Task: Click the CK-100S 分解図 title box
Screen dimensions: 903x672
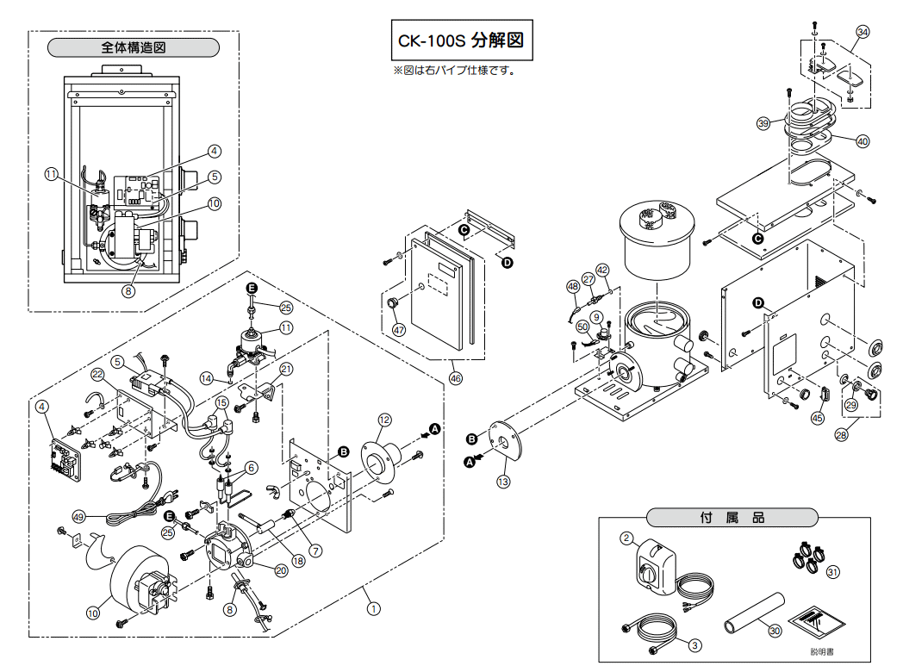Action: pos(462,40)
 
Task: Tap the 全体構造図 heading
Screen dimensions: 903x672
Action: pos(133,47)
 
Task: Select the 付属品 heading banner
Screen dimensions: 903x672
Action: pos(732,517)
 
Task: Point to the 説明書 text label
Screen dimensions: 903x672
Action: pos(822,652)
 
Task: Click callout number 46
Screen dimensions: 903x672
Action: pos(456,378)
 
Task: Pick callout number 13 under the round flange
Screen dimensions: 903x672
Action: pos(503,482)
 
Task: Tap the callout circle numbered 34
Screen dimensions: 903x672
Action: pos(863,32)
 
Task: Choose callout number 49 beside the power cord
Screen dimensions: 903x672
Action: pos(78,517)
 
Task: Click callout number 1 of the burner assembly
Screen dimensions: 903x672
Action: pos(373,608)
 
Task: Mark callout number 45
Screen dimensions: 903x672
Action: pos(817,418)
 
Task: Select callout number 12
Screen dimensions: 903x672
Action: pos(384,420)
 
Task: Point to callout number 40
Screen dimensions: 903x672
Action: pos(863,141)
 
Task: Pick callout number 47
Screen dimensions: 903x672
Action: pos(399,330)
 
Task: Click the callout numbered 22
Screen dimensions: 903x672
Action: pos(97,374)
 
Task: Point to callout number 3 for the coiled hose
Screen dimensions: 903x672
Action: pos(695,645)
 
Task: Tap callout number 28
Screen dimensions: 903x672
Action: pos(841,435)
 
